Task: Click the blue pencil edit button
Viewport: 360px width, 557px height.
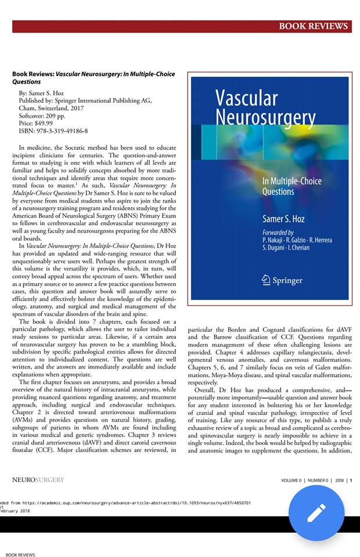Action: click(x=316, y=513)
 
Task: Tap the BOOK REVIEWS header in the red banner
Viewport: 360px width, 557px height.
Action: click(x=314, y=26)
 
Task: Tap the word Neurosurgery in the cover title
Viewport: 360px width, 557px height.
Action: click(x=265, y=118)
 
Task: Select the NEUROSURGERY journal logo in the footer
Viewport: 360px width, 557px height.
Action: click(x=38, y=480)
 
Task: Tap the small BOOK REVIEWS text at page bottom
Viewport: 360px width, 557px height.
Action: click(x=20, y=554)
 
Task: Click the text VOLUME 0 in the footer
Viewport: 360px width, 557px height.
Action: click(x=291, y=480)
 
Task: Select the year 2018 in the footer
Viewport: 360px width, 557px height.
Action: click(x=339, y=480)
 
